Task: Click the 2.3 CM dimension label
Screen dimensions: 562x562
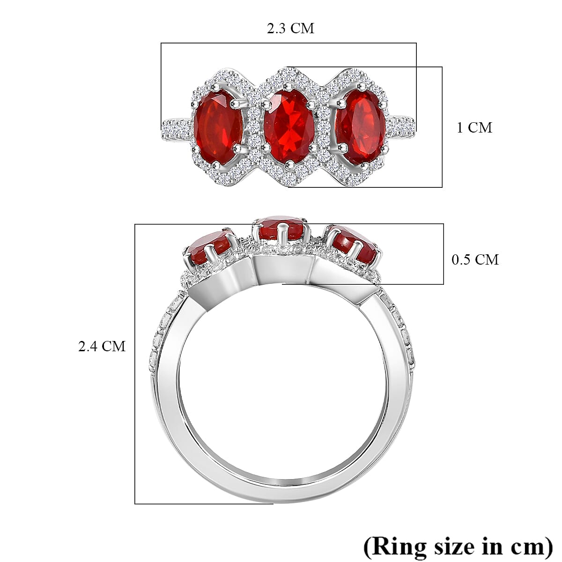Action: [290, 29]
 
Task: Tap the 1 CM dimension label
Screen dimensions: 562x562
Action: [474, 128]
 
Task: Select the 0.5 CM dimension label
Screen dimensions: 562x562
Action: [475, 259]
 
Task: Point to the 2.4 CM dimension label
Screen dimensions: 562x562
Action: [102, 347]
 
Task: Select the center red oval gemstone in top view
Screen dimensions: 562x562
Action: [288, 126]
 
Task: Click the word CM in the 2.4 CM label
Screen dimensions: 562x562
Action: [114, 347]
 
